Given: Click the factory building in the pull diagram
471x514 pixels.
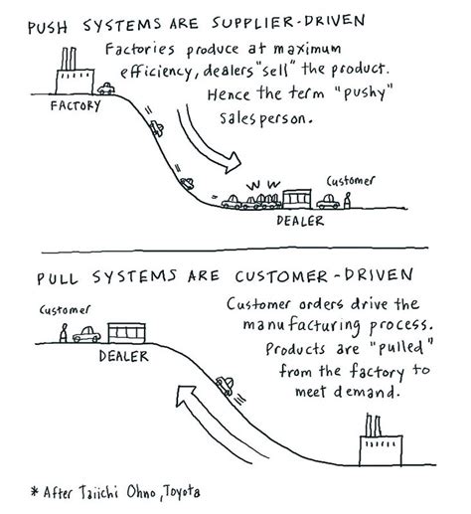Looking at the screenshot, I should (x=382, y=459).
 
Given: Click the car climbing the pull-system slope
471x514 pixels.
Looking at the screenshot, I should (x=228, y=385).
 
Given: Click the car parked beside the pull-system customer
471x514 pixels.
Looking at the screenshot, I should (x=86, y=334).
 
